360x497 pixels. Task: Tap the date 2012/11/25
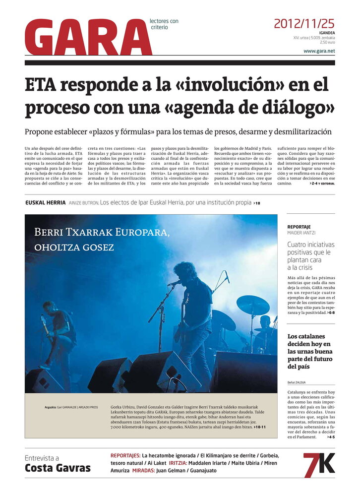tap(304, 23)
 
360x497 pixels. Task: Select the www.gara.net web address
tap(319, 51)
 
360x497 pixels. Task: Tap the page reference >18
tap(256, 203)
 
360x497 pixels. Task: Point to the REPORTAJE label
tap(299, 227)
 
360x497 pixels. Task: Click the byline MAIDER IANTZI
tap(301, 233)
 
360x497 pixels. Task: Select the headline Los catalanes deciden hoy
tap(310, 351)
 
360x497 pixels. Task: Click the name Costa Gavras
tap(58, 468)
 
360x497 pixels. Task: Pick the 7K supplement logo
tap(319, 465)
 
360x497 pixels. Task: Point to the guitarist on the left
tap(59, 332)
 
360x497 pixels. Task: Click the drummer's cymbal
tap(252, 305)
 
